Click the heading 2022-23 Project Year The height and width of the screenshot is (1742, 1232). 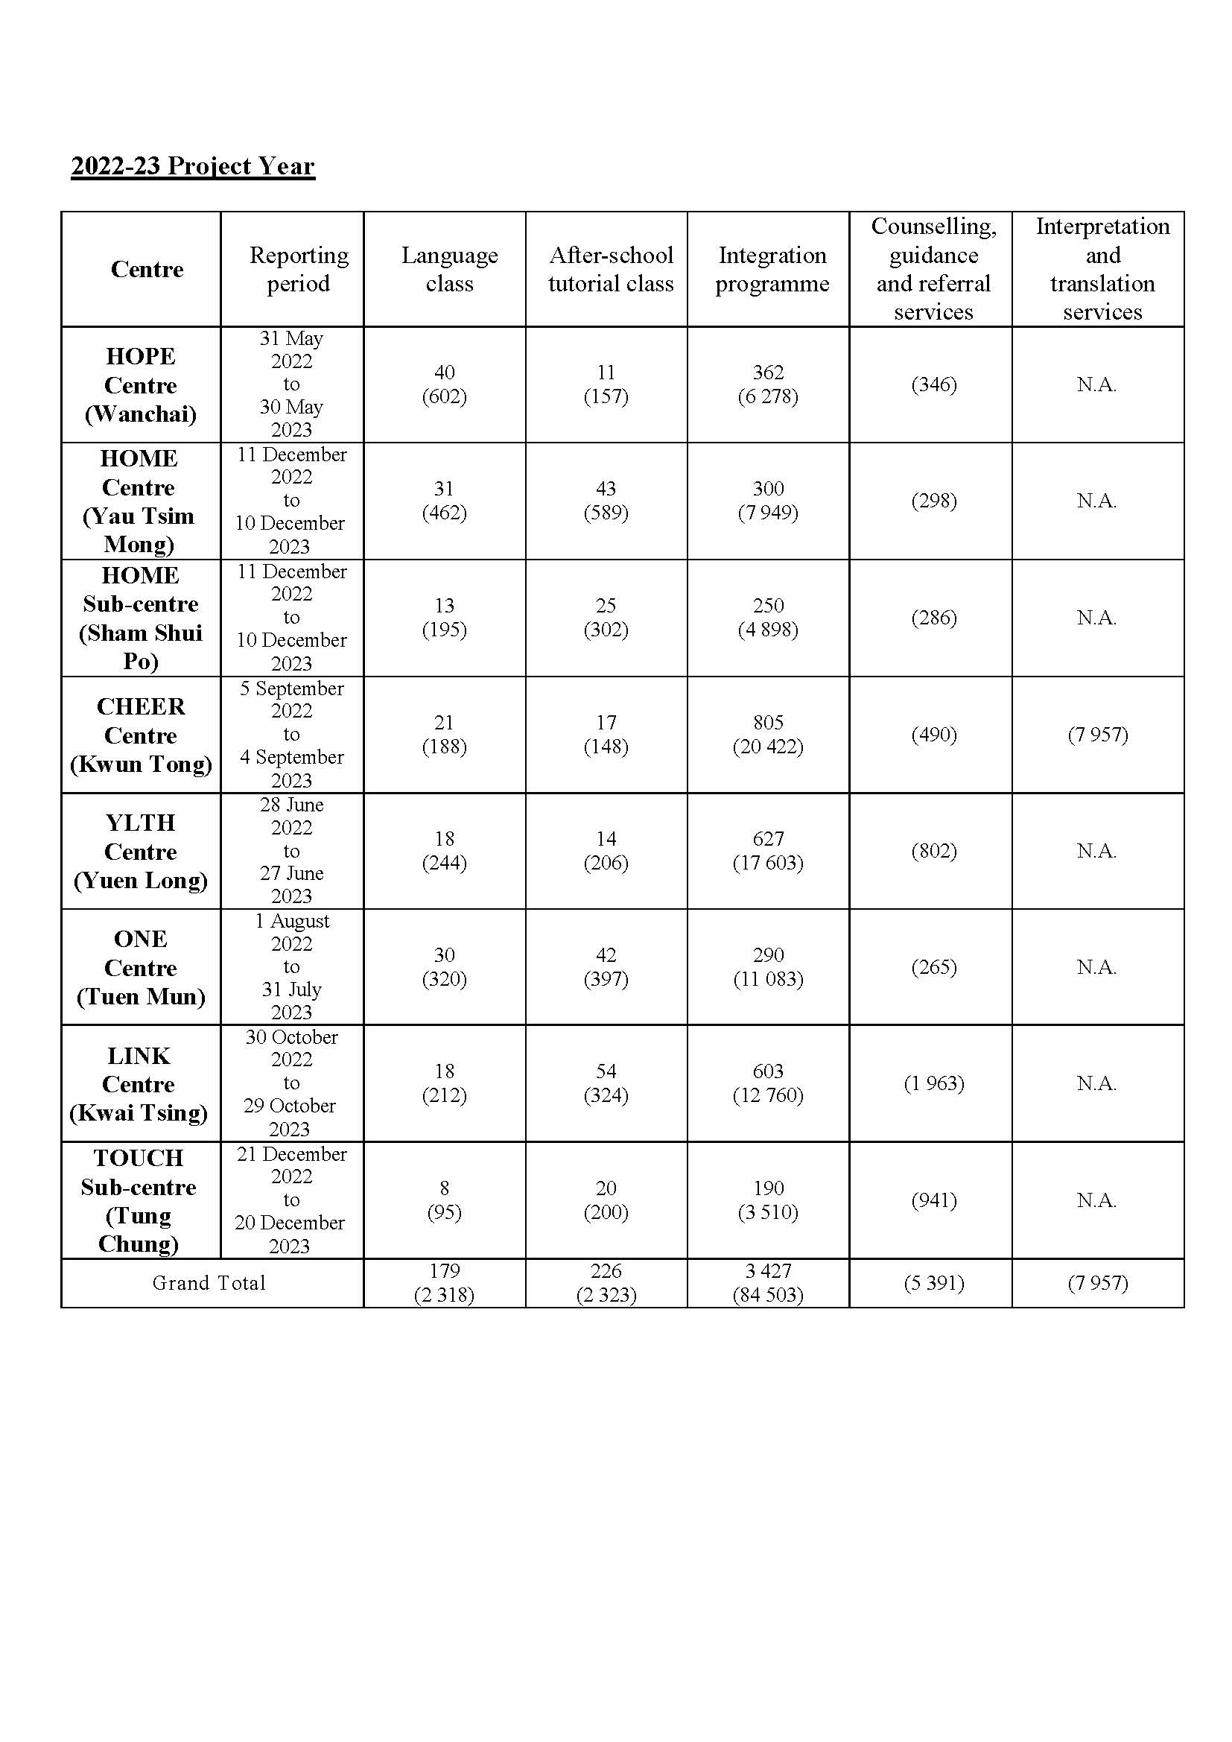coord(193,166)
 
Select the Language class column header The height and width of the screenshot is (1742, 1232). coord(449,269)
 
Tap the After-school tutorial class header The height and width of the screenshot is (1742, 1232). coord(611,269)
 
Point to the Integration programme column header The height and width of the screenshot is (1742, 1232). coord(772,269)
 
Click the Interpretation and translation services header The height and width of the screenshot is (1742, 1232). coord(1102,269)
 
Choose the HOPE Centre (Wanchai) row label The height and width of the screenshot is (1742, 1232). coord(140,385)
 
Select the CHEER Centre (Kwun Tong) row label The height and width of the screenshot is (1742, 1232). coord(140,735)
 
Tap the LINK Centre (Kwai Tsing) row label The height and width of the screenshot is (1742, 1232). coord(139,1084)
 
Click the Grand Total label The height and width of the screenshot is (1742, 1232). coord(209,1283)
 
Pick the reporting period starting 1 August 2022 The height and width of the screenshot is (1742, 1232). coord(292,966)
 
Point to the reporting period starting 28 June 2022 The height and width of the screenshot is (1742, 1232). coord(292,851)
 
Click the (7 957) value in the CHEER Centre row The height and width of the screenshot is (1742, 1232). coord(1098,735)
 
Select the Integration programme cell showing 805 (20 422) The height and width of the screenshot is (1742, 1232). coord(768,735)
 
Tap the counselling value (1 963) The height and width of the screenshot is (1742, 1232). coord(934,1083)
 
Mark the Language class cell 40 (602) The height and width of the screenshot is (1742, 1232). coord(445,384)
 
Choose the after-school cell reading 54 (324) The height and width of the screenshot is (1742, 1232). coord(606,1083)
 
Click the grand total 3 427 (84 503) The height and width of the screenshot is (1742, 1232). coord(768,1283)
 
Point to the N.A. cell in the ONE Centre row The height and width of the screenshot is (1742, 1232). coord(1097,967)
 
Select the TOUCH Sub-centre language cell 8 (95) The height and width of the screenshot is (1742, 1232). coord(445,1200)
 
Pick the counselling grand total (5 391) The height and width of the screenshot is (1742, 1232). coord(934,1283)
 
